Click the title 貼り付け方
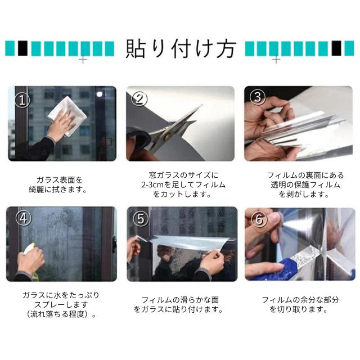pyautogui.click(x=181, y=49)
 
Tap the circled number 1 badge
pyautogui.click(x=22, y=100)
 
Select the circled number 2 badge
pyautogui.click(x=139, y=99)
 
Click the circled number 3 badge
pyautogui.click(x=258, y=97)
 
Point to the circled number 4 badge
pyautogui.click(x=24, y=218)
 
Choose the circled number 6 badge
pyautogui.click(x=259, y=219)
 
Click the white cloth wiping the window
pyautogui.click(x=69, y=115)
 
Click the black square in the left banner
pyautogui.click(x=22, y=48)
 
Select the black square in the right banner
pyautogui.click(x=336, y=48)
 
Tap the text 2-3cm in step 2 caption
pyautogui.click(x=153, y=185)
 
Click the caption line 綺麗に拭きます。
pyautogui.click(x=58, y=190)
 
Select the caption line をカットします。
pyautogui.click(x=182, y=194)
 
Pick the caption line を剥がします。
pyautogui.click(x=304, y=194)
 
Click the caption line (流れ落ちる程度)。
pyautogui.click(x=61, y=314)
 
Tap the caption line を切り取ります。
pyautogui.click(x=299, y=309)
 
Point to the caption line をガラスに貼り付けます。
pyautogui.click(x=178, y=309)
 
